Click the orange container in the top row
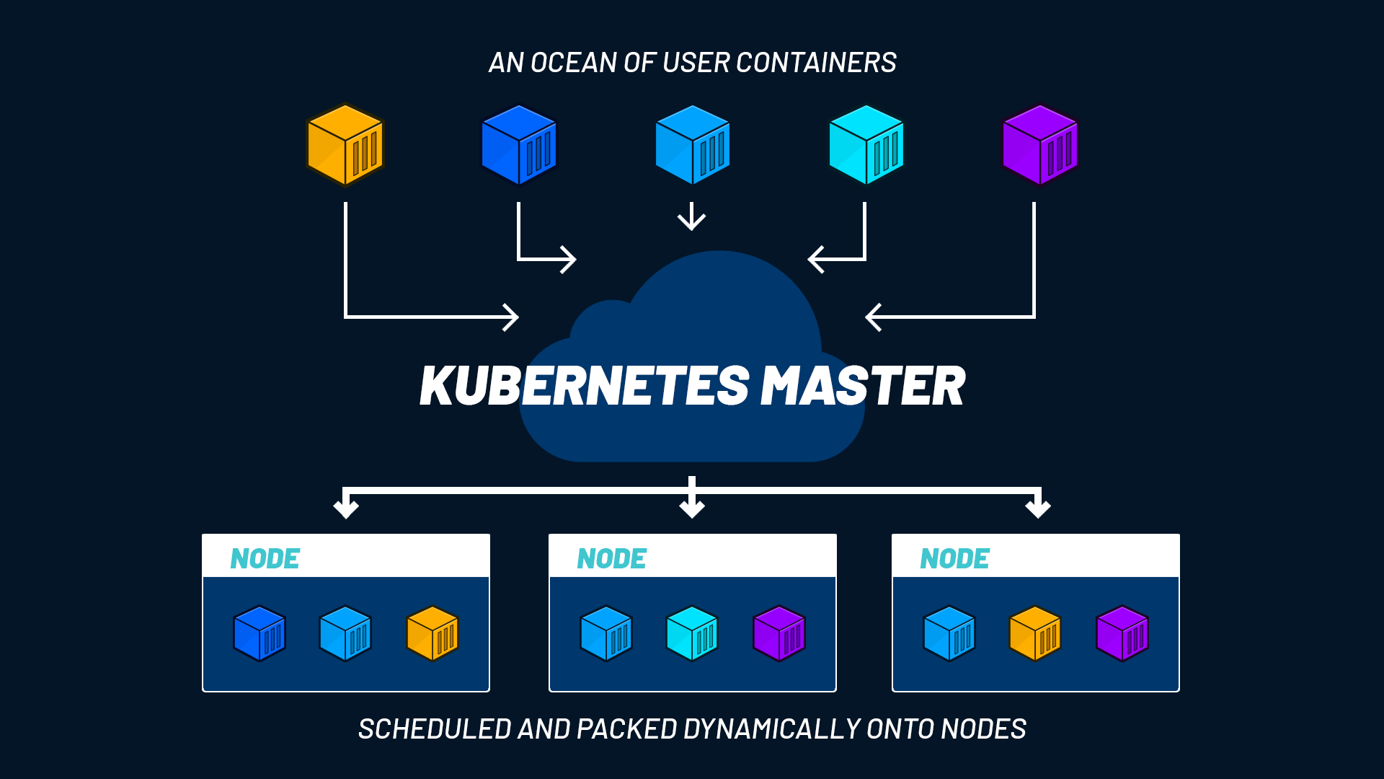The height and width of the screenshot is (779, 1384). [x=345, y=144]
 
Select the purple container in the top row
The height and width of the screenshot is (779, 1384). [x=1039, y=144]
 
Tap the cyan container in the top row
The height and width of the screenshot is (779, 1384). [x=866, y=144]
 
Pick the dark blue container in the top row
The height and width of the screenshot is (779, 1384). [x=519, y=144]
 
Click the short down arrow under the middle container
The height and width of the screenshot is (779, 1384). [x=692, y=216]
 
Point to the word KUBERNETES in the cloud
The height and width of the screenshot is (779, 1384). [x=585, y=386]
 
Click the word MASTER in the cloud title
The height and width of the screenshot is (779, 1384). [x=863, y=386]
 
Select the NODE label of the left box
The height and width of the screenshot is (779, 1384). [x=265, y=559]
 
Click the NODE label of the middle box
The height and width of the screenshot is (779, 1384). [x=611, y=559]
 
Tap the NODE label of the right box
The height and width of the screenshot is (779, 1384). [x=954, y=559]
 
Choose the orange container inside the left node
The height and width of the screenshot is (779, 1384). [x=432, y=633]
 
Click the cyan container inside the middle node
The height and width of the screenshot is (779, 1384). [x=692, y=633]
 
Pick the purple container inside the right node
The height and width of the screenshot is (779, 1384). [x=1122, y=633]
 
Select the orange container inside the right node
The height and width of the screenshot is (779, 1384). [x=1035, y=633]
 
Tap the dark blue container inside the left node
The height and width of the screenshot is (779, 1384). [x=259, y=633]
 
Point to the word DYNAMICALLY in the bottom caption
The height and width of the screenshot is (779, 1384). [x=771, y=729]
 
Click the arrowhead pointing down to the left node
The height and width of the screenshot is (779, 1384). [x=346, y=508]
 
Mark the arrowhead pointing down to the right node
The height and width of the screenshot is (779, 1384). [x=1038, y=508]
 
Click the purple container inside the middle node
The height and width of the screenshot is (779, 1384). [x=778, y=633]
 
